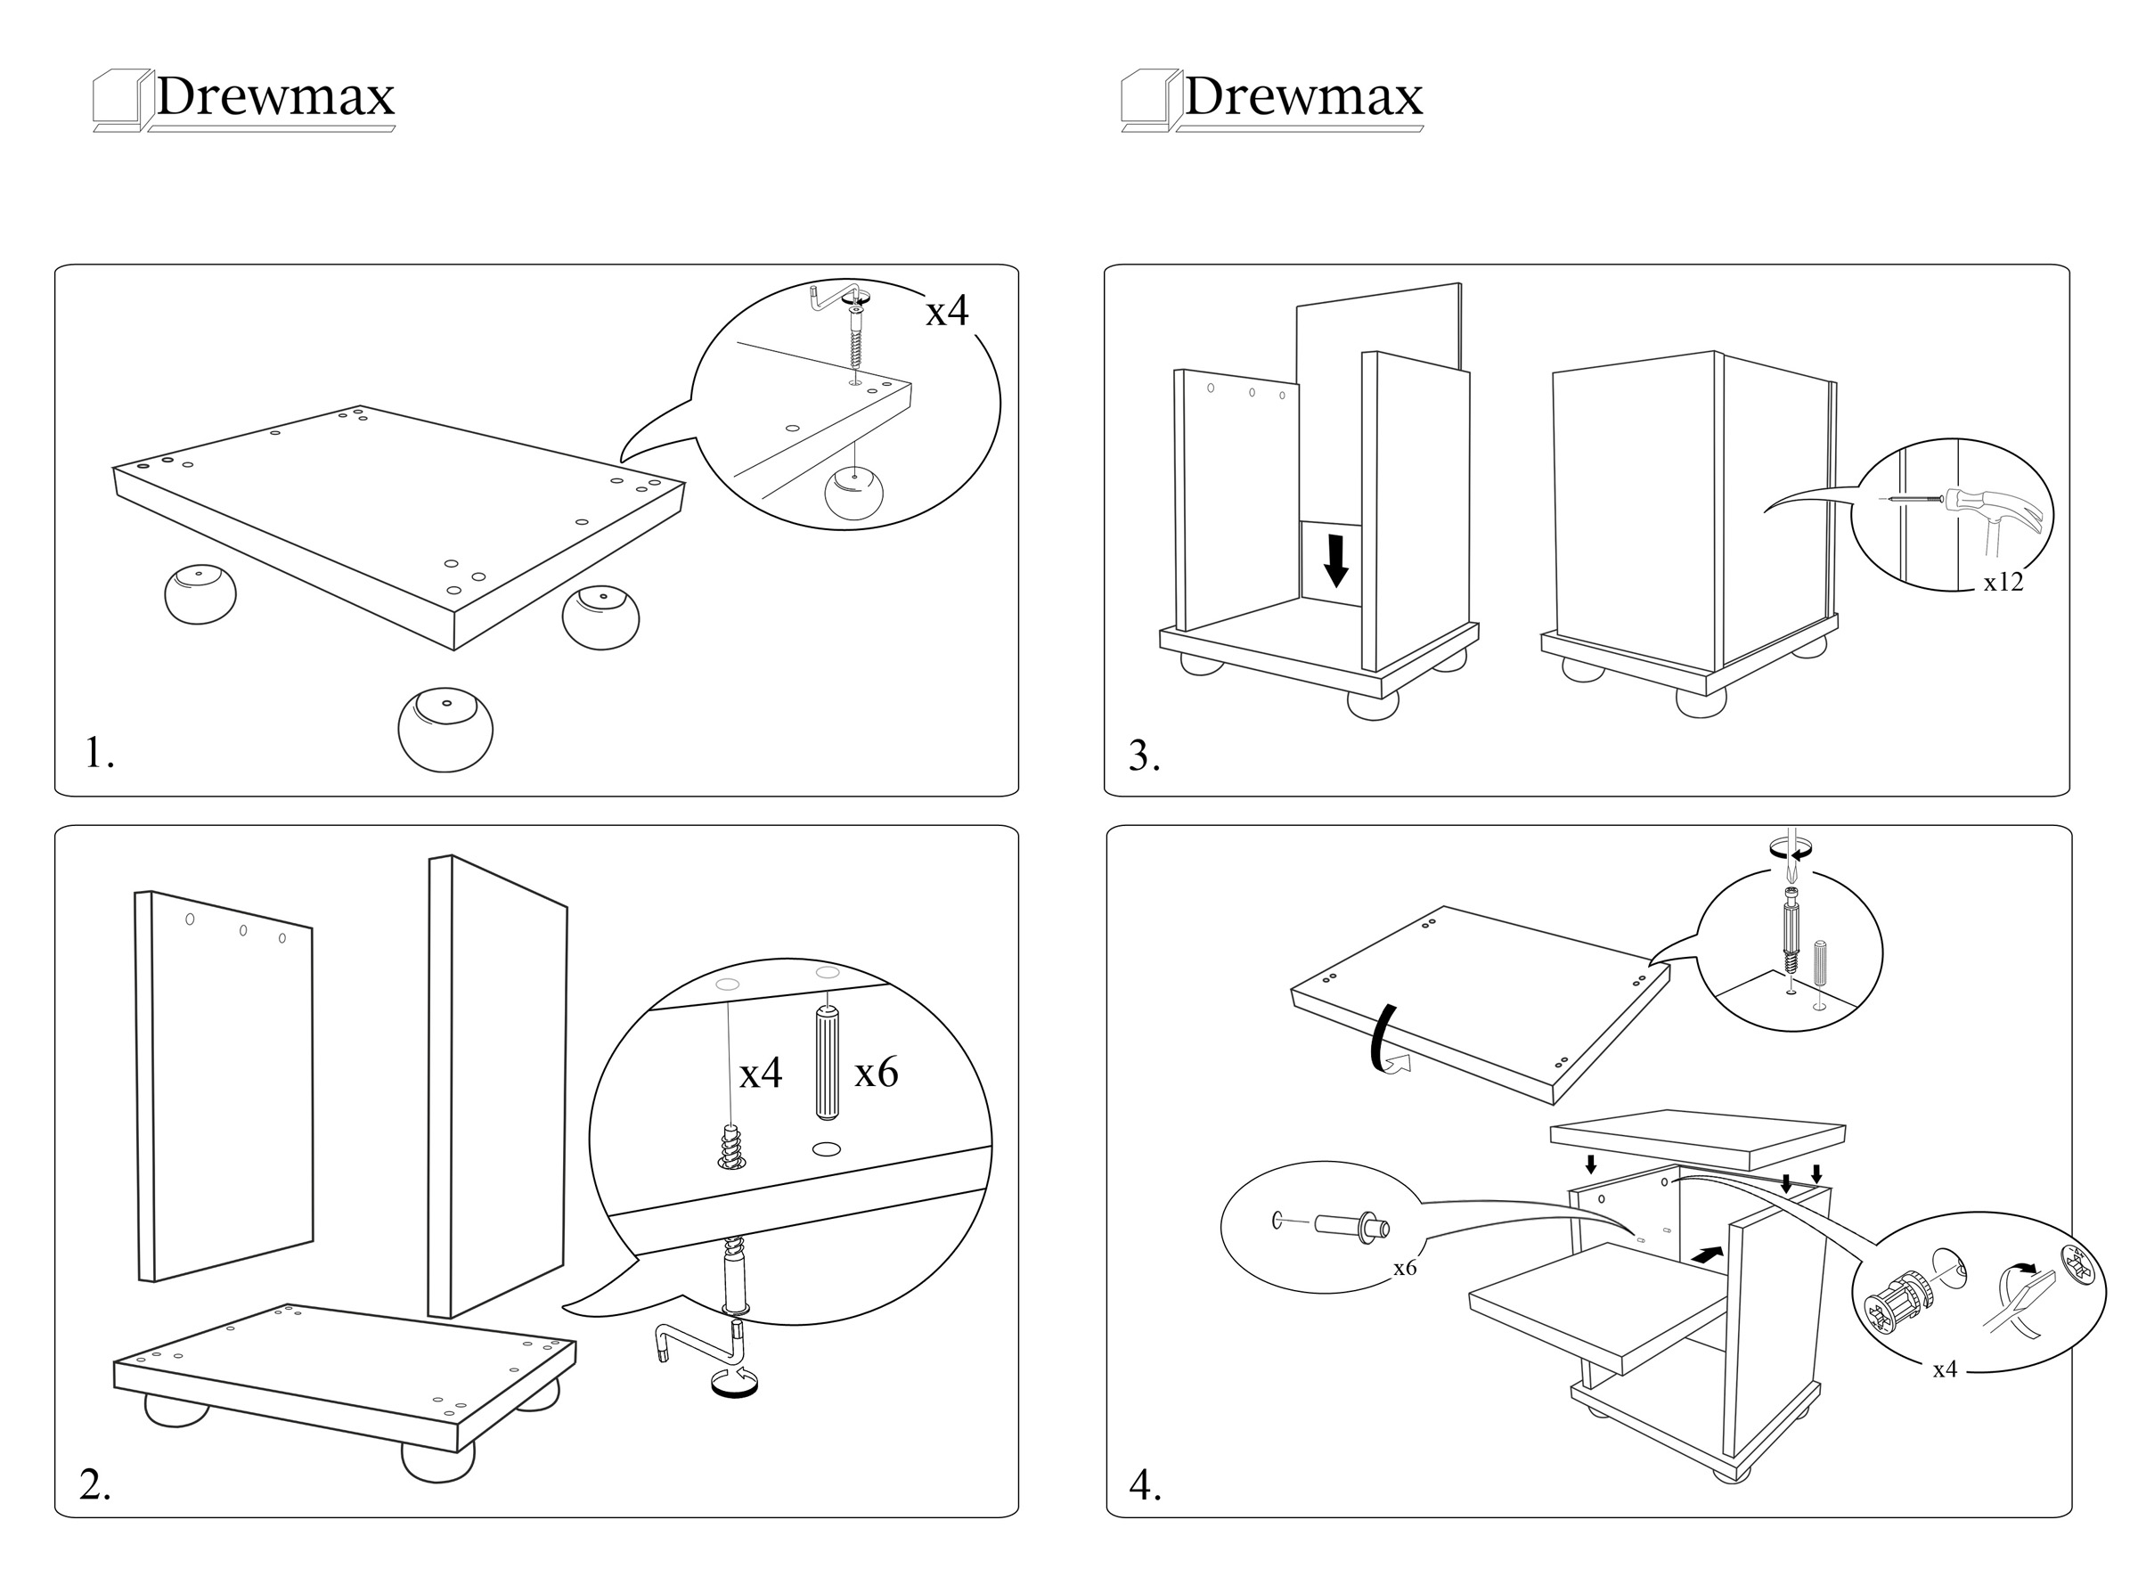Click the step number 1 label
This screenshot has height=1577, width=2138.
coord(99,752)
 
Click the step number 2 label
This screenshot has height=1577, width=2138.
coord(94,1484)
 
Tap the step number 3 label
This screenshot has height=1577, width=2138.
coord(1144,756)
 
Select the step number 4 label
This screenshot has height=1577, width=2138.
coord(1145,1484)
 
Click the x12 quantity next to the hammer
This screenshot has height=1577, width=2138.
coord(2003,583)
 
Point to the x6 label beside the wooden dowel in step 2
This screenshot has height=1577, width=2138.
coord(875,1072)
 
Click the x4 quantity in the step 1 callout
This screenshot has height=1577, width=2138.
coord(946,310)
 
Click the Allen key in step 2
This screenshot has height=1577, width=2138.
coord(697,1336)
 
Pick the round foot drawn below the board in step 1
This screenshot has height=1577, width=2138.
coord(445,730)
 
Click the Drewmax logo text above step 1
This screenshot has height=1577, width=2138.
coord(275,96)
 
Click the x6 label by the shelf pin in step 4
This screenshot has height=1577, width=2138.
coord(1404,1269)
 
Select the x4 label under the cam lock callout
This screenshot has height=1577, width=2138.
coord(1944,1370)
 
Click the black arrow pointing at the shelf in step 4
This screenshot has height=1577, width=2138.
coord(1708,1254)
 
